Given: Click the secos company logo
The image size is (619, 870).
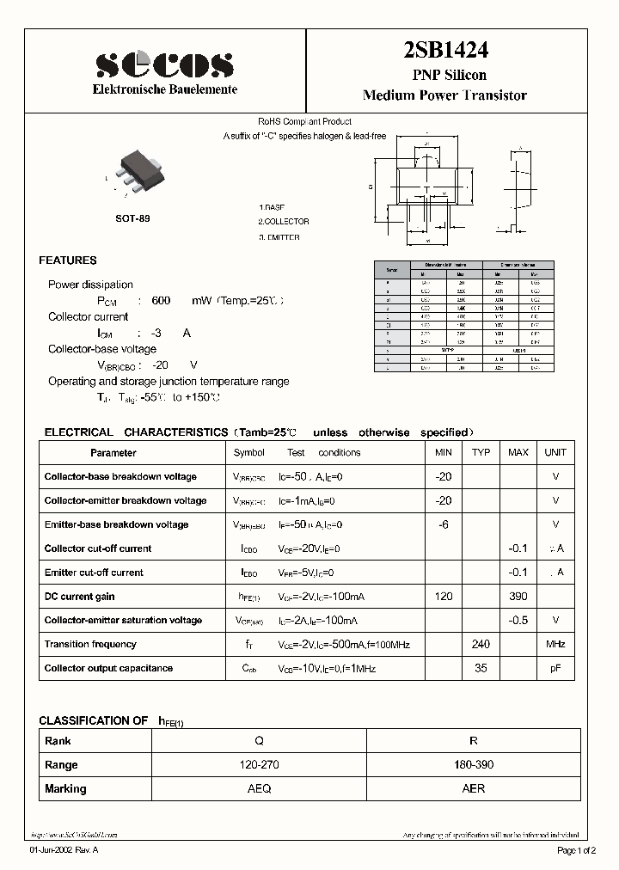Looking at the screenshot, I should tap(164, 63).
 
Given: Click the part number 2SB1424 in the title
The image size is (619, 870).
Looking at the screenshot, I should tap(444, 51).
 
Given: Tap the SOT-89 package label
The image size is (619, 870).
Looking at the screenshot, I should tap(132, 219).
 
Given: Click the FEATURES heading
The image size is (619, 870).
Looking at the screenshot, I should tap(68, 260).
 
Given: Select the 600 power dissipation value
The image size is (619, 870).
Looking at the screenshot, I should tap(161, 301).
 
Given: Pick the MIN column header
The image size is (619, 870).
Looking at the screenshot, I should tap(444, 452).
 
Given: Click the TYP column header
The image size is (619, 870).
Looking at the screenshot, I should tap(481, 452).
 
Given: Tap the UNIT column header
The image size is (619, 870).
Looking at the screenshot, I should tap(555, 452).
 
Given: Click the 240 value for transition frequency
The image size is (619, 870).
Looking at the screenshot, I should tap(481, 644).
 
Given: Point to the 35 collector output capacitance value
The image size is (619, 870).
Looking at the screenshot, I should tap(481, 668).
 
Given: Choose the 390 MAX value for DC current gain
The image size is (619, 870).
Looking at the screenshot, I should tap(518, 596).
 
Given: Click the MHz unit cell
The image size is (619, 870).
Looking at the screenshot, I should tap(555, 644).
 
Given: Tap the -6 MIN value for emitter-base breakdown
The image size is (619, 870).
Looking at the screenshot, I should tap(444, 524).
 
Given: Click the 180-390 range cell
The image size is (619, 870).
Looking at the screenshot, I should tap(473, 764).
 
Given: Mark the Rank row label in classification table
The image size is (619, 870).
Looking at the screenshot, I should tap(58, 740).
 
